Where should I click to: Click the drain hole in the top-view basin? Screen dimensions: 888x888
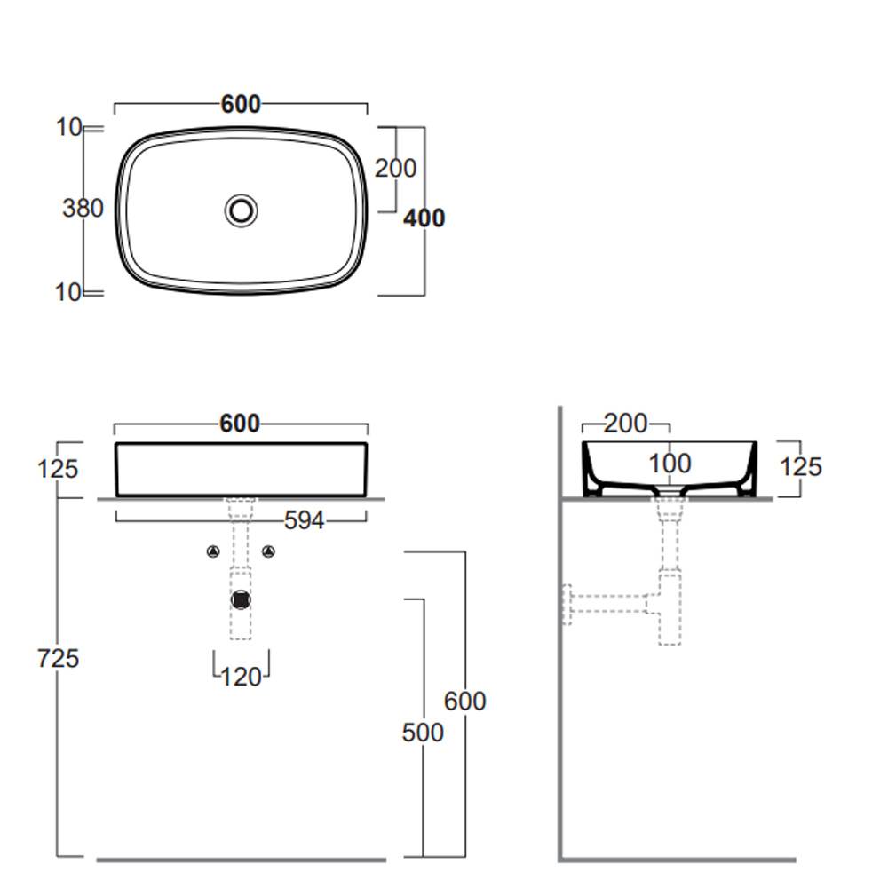(242, 210)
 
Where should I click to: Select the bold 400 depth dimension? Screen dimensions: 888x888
(424, 218)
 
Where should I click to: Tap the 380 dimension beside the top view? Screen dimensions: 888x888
(83, 209)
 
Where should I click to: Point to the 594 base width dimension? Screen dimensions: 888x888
(304, 520)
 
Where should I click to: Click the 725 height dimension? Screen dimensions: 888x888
(58, 658)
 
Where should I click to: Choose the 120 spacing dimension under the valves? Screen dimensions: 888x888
(241, 677)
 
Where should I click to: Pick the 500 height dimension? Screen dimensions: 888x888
(423, 733)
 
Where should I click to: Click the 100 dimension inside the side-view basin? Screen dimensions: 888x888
(670, 464)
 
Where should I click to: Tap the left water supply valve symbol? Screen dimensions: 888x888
(213, 551)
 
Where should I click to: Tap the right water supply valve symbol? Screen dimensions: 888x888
(268, 551)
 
